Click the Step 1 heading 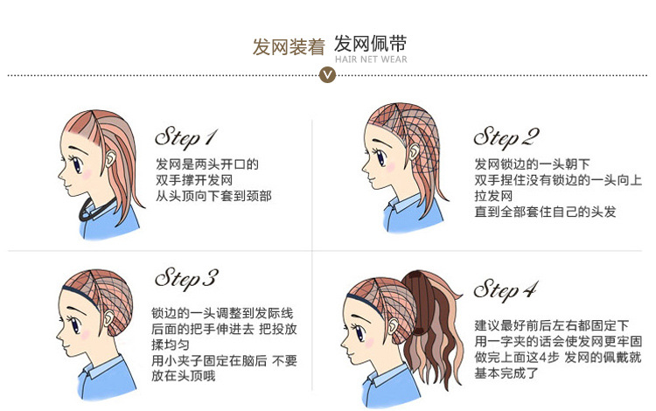point(186,137)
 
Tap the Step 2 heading point(506,137)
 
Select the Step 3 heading point(186,279)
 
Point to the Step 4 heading point(506,289)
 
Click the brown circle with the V point(327,75)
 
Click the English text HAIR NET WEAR point(371,59)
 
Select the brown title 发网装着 point(289,47)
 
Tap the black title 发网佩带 point(370,44)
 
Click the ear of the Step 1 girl point(111,158)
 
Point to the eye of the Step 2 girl point(381,157)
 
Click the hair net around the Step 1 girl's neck point(95,210)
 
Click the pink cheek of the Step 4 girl point(369,343)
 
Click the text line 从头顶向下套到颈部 point(213,196)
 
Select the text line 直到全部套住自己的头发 point(545,212)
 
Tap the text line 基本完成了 point(506,373)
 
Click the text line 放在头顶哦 point(184,375)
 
